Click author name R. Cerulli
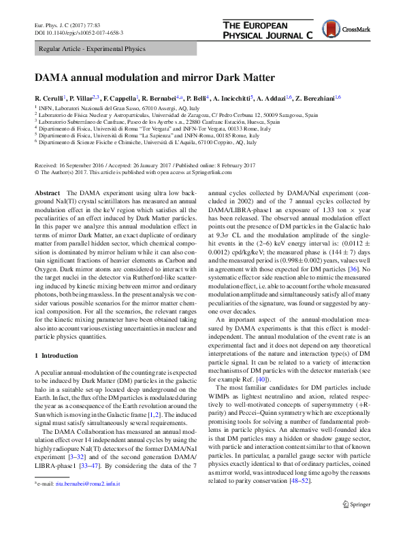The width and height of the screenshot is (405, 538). coord(51,98)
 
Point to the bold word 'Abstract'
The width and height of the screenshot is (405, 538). coord(46,194)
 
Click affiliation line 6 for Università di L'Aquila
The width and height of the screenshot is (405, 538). coord(147,143)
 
